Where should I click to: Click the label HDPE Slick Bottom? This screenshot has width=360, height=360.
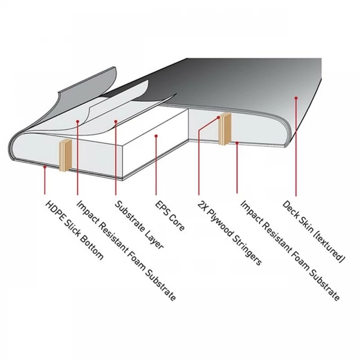(74, 230)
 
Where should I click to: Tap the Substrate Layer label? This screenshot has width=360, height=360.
(139, 225)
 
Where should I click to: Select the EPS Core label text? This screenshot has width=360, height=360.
(170, 216)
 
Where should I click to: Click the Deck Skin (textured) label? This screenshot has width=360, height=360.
(314, 231)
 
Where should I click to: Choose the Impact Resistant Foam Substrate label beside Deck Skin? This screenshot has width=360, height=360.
(290, 251)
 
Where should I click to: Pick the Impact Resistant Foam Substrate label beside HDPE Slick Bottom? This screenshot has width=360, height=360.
(126, 251)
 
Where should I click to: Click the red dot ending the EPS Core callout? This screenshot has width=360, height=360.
(156, 136)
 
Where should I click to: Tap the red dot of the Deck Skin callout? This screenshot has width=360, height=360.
(296, 98)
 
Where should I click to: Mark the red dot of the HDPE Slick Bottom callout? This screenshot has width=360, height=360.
(45, 167)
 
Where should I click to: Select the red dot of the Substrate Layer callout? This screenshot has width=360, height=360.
(116, 121)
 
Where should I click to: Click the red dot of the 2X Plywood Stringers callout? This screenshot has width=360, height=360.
(219, 117)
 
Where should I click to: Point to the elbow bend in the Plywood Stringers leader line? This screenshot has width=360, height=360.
(199, 131)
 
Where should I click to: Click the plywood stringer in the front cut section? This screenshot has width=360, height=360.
(66, 155)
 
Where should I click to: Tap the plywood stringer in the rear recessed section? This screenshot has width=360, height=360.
(225, 129)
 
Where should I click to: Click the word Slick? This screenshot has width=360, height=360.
(73, 229)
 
